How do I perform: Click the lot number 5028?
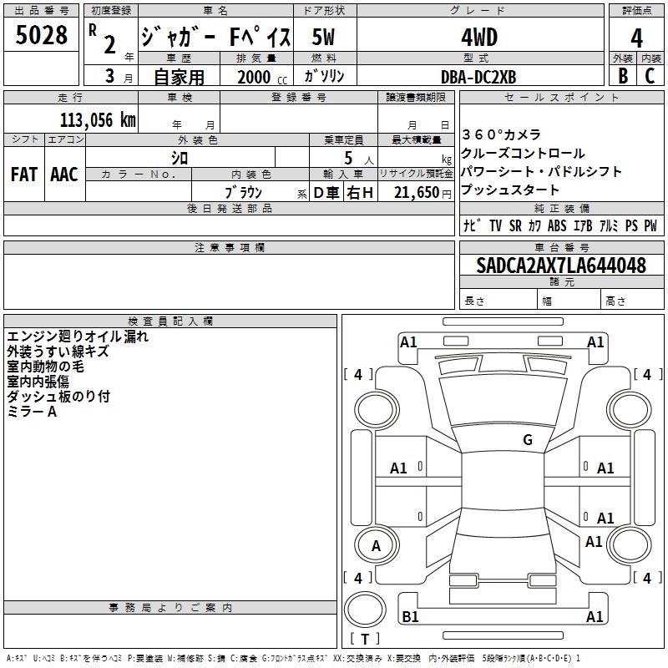41,35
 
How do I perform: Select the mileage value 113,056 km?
98,120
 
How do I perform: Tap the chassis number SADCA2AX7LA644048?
561,265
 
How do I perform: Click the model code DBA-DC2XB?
478,77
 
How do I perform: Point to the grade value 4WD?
479,38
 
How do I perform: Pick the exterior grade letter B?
623,76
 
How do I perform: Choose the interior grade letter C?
650,76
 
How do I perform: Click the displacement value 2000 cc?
262,77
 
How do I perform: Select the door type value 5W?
323,37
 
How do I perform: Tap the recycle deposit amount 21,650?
416,193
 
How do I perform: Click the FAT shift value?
24,175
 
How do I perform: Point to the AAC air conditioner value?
64,175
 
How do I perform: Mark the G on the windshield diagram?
528,439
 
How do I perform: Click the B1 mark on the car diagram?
410,616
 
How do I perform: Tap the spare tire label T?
365,639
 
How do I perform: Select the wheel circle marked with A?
377,545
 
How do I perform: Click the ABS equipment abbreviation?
557,225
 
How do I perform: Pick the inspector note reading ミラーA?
32,412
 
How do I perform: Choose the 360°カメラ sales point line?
501,134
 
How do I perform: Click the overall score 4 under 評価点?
637,38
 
